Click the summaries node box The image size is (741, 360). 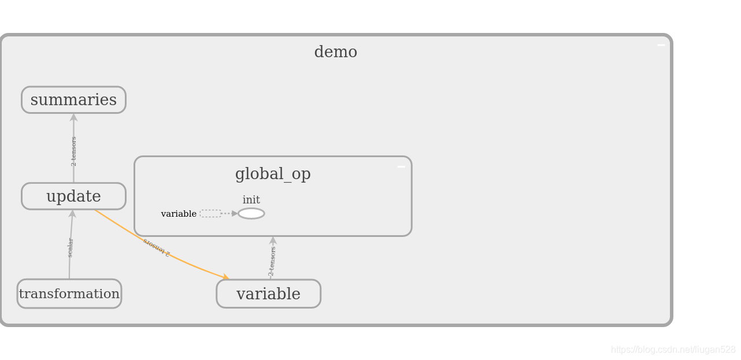[73, 100]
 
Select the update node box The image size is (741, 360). [73, 196]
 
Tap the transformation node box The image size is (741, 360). [69, 294]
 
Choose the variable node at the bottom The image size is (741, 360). [268, 294]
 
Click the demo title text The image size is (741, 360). [335, 52]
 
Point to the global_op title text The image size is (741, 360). [273, 174]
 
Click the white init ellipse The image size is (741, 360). [251, 214]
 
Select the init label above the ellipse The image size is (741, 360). [251, 200]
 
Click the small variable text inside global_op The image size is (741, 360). [179, 214]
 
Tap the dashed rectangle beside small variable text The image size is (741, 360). [210, 214]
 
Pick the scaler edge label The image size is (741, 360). [71, 247]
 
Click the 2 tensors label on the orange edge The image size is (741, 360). [157, 247]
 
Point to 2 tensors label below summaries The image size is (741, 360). [74, 151]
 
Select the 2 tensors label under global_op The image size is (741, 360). [272, 261]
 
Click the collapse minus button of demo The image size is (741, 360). [661, 45]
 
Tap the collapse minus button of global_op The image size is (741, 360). [401, 167]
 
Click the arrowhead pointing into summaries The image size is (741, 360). [73, 117]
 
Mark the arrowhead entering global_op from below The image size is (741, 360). [273, 240]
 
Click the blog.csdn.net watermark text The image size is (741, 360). [673, 350]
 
